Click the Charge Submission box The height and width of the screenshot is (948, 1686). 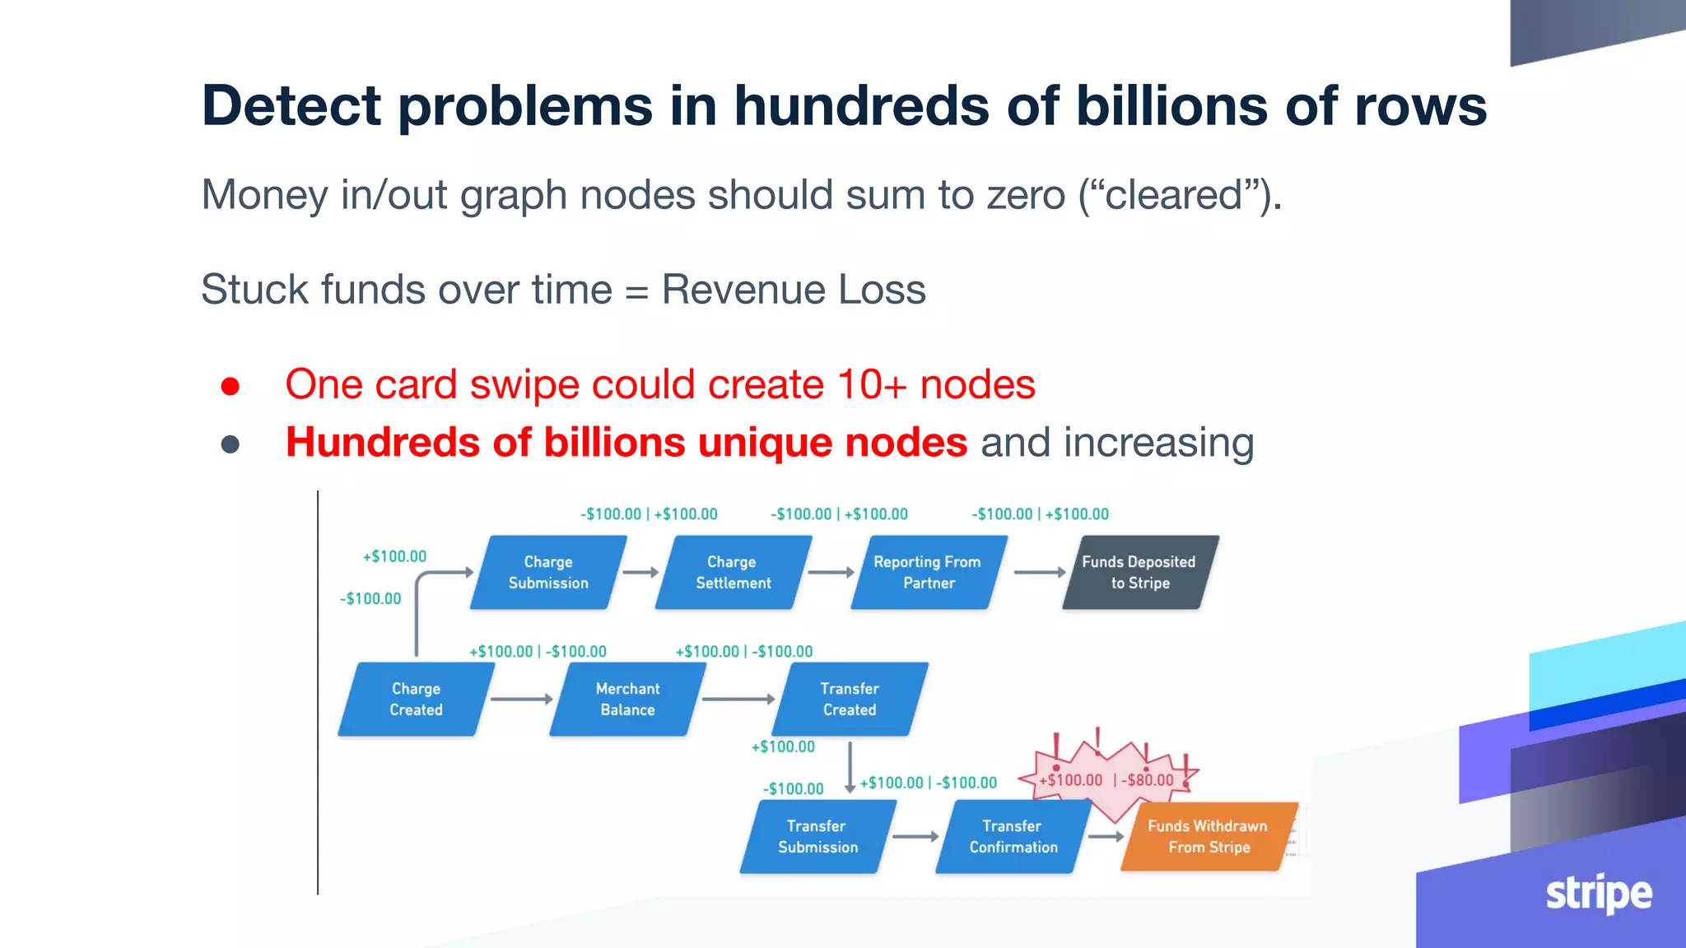pos(548,573)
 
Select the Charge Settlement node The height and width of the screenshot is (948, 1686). pos(733,573)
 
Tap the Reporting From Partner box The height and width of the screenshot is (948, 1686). pos(928,573)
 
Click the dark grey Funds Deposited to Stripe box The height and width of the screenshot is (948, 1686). pos(1139,573)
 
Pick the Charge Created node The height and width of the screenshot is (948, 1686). pos(416,699)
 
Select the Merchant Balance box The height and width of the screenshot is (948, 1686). pos(627,699)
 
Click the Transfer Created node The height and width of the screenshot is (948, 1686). pos(850,699)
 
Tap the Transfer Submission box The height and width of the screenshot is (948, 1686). pos(817,837)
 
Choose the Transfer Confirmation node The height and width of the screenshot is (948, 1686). pos(1013,837)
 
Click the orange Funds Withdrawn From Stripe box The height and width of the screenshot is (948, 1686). pos(1209,837)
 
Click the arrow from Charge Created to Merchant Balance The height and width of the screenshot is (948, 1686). pos(522,699)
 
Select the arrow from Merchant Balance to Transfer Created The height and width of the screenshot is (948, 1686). pos(738,699)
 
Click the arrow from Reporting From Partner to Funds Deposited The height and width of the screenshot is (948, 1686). pos(1040,572)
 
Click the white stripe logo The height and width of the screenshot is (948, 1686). pos(1598,894)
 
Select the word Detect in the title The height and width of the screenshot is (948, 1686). pos(291,106)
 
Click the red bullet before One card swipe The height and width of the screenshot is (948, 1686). pos(231,386)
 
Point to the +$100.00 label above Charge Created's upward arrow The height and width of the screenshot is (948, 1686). pos(395,557)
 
